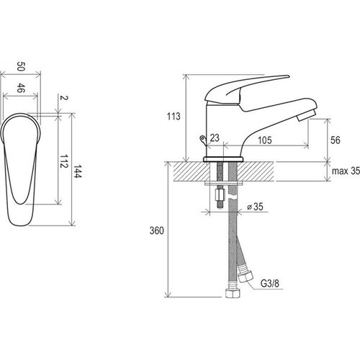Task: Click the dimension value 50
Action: pyautogui.click(x=21, y=66)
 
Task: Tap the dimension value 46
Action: pyautogui.click(x=21, y=88)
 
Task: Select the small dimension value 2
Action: pyautogui.click(x=64, y=98)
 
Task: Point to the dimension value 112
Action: pyautogui.click(x=64, y=161)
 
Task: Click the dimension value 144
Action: pyautogui.click(x=78, y=171)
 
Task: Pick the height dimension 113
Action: pyautogui.click(x=174, y=117)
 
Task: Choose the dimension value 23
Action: pyautogui.click(x=215, y=138)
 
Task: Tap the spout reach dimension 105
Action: pyautogui.click(x=265, y=140)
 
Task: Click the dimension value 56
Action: pyautogui.click(x=336, y=140)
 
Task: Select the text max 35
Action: pyautogui.click(x=346, y=171)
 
